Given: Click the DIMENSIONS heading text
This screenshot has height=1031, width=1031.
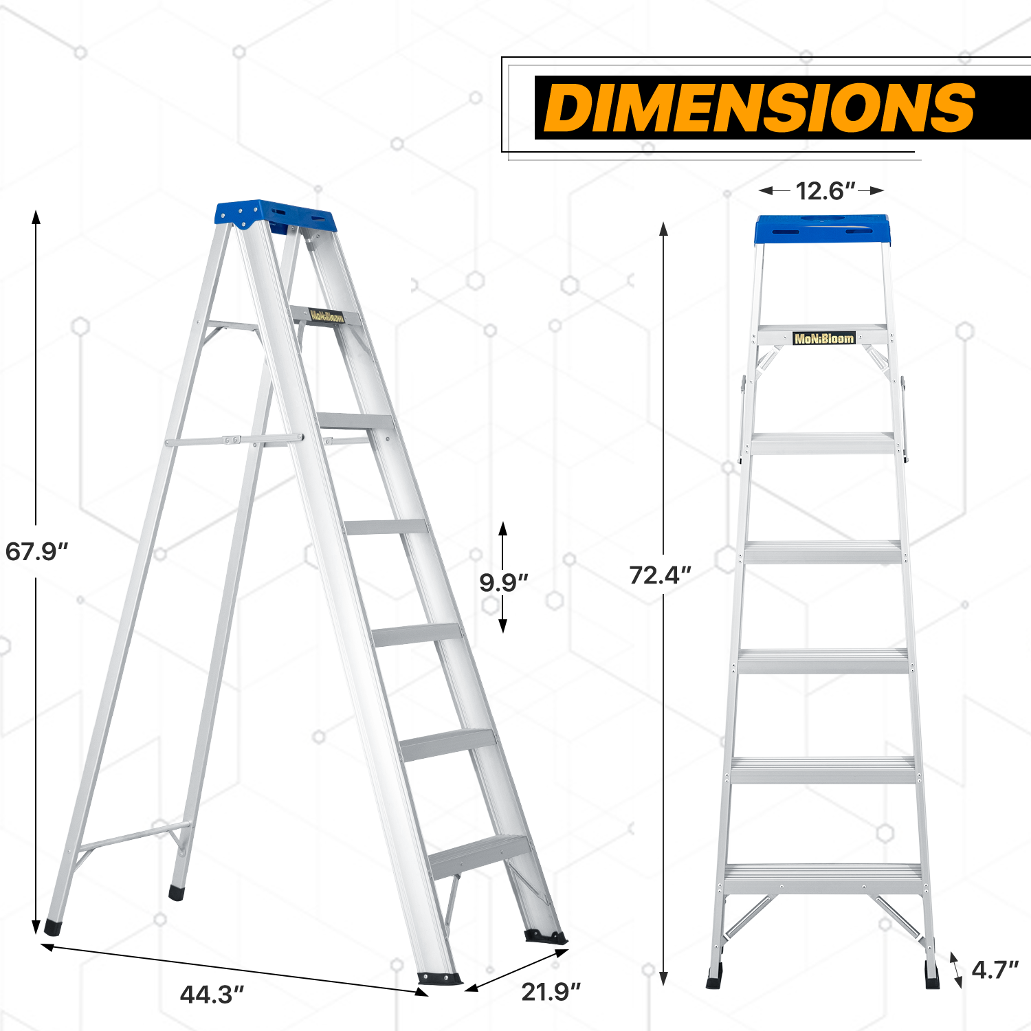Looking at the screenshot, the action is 760,107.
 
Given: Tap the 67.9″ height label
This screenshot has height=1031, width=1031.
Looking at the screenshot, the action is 36,551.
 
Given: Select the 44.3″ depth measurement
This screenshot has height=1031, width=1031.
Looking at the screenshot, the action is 212,994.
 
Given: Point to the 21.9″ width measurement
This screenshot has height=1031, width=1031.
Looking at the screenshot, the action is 551,991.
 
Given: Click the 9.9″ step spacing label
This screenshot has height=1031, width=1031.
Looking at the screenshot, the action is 504,582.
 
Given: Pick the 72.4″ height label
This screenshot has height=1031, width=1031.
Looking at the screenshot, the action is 660,575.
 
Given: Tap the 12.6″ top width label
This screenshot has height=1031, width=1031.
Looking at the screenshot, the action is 825,190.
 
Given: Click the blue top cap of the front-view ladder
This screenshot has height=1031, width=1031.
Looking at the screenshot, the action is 823,229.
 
